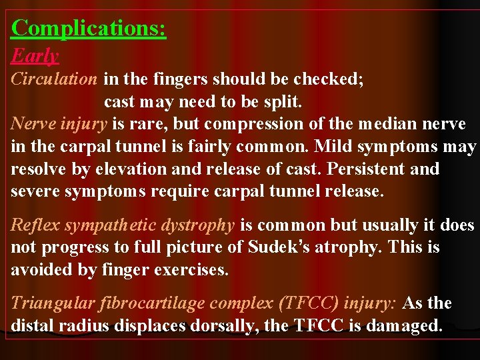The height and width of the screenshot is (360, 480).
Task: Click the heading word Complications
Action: tap(89, 28)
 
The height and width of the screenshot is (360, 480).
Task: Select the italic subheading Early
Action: tap(35, 56)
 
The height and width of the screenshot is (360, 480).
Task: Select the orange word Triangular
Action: tap(51, 303)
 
